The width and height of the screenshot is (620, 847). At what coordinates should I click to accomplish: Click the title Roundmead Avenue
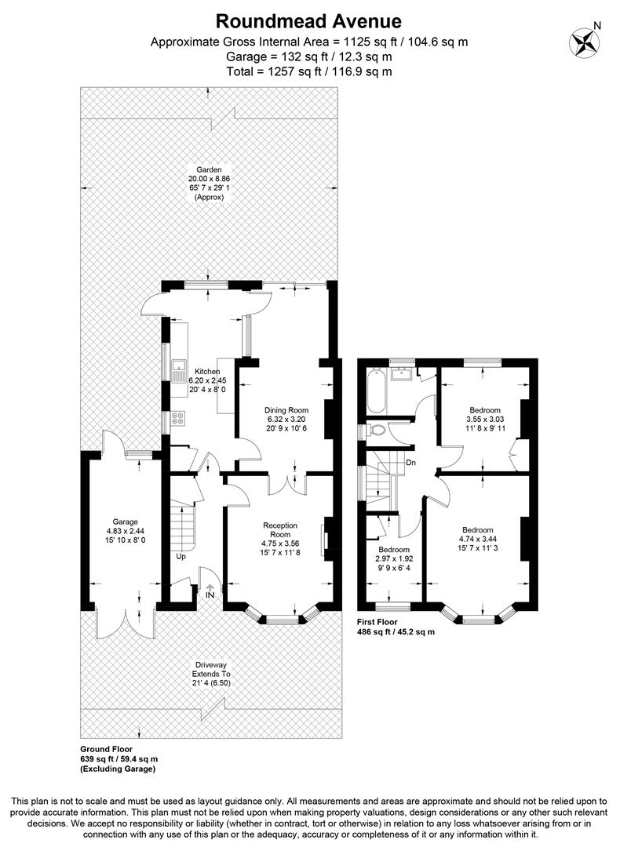[308, 21]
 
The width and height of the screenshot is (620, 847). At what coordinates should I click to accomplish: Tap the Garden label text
[209, 169]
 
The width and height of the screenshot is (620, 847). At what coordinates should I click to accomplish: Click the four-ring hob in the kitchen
[178, 417]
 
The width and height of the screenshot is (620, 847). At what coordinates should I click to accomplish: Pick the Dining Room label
[286, 410]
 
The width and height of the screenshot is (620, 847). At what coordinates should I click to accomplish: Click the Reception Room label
[280, 529]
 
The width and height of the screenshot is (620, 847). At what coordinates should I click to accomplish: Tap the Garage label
[125, 522]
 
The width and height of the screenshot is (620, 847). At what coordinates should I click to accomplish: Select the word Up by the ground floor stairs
[181, 556]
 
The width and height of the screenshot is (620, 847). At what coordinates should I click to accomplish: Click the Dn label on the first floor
[410, 463]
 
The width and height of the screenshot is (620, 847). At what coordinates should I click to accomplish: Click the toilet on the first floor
[377, 430]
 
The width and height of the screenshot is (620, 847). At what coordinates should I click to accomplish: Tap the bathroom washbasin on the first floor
[402, 374]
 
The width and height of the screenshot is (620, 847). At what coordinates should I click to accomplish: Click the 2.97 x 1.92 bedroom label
[394, 558]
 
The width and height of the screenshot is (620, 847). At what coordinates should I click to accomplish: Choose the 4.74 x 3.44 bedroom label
[477, 539]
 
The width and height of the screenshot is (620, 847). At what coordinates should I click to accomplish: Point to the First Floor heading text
[377, 622]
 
